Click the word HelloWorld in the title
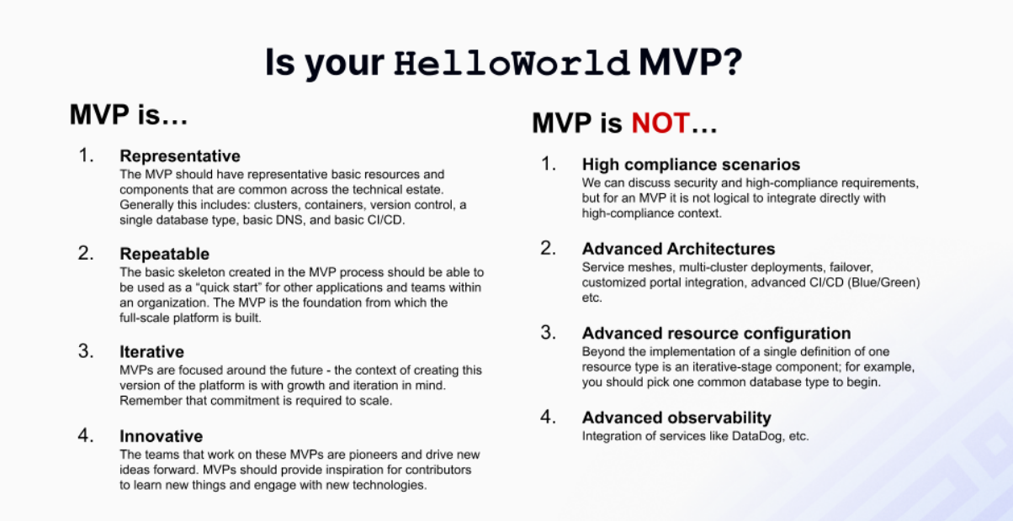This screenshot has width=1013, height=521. click(512, 64)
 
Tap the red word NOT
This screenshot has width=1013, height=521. click(660, 124)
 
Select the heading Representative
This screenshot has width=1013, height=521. click(180, 156)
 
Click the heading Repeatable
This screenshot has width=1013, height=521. click(164, 254)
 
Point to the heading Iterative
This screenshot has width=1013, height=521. click(151, 351)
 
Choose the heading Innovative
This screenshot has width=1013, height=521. click(161, 436)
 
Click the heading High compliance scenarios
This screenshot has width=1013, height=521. click(691, 165)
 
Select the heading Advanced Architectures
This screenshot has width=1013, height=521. click(678, 249)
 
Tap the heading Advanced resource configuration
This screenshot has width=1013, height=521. click(716, 333)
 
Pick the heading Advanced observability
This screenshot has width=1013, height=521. click(676, 418)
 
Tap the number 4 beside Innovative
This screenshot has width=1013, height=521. click(85, 435)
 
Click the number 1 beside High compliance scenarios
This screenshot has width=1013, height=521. click(548, 164)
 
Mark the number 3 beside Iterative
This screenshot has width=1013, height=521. click(85, 350)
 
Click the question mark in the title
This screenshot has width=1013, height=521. click(730, 64)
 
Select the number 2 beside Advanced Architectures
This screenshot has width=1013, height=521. click(548, 248)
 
